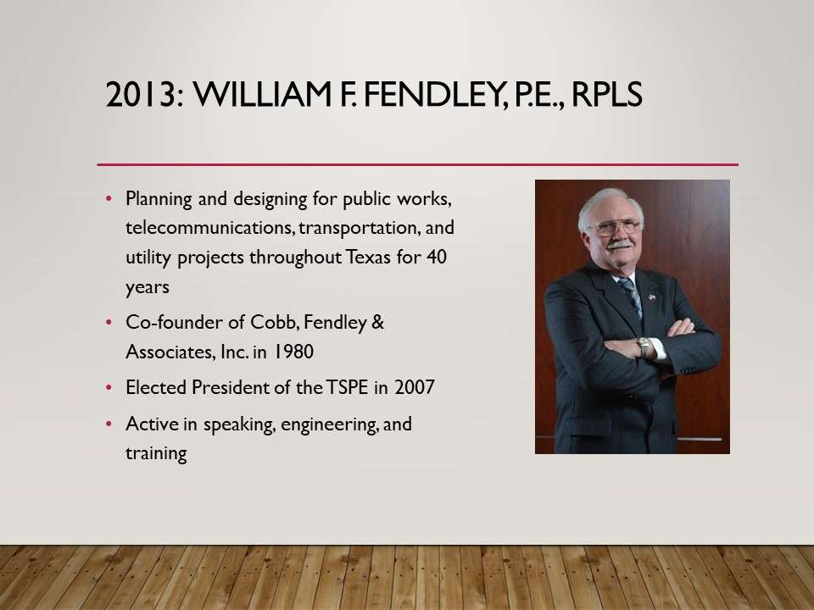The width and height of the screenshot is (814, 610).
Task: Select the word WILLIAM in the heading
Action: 263,94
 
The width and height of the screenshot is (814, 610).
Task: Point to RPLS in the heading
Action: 607,94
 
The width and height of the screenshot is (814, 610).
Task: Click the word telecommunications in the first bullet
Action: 211,228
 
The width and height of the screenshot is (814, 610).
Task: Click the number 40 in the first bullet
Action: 437,257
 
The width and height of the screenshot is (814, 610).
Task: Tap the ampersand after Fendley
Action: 378,322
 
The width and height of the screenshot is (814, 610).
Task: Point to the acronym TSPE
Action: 348,387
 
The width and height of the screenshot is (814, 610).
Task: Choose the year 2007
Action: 415,387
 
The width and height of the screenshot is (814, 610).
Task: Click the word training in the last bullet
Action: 156,454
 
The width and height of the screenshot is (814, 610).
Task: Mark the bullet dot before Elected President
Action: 109,387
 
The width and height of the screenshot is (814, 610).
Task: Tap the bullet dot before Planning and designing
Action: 109,198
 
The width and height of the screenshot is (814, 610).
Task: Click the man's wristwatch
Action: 644,347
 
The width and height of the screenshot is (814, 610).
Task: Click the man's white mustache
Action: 620,244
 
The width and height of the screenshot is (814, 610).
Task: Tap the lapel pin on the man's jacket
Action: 652,297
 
